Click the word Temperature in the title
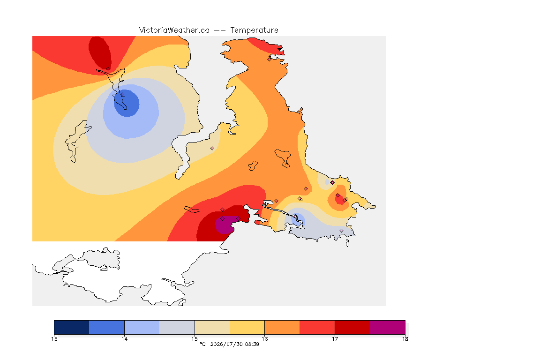click(254, 30)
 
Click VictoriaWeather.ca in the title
click(174, 30)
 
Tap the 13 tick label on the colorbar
click(54, 339)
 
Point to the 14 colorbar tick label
click(124, 339)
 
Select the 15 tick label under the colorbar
click(195, 339)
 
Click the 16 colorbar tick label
click(264, 339)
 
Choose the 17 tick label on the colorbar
click(335, 339)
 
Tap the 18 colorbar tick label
click(405, 339)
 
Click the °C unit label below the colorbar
click(203, 344)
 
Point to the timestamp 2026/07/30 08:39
click(234, 344)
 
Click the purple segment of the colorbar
click(388, 327)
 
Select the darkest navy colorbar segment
click(72, 327)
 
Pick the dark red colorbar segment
click(352, 327)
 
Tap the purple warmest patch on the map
click(224, 225)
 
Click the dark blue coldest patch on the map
click(127, 103)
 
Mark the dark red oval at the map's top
click(100, 53)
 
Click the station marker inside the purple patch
click(223, 219)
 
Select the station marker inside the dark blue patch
click(122, 94)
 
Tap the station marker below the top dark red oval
click(108, 69)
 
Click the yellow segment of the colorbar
click(247, 327)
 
